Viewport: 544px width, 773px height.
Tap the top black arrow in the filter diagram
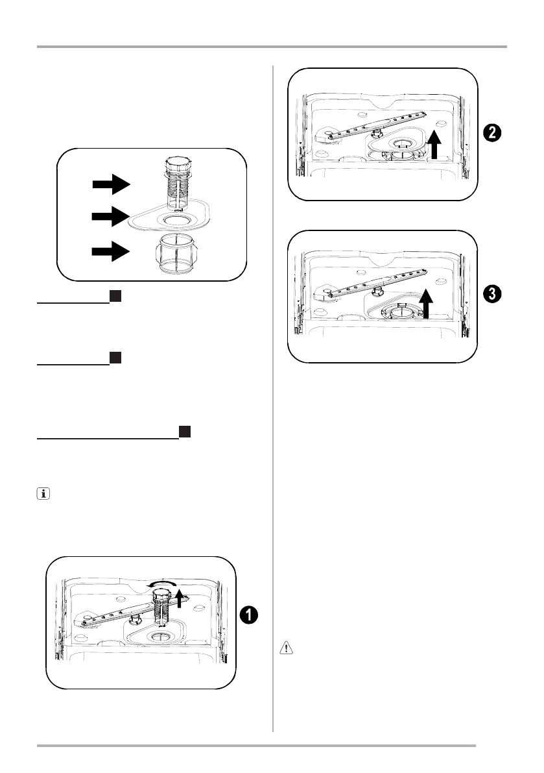111,184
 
